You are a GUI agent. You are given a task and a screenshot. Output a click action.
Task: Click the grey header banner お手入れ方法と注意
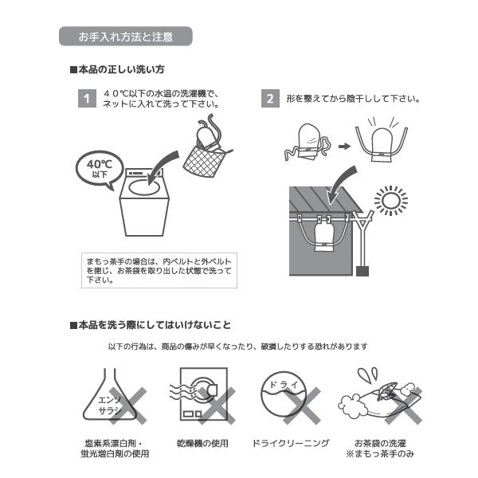126,37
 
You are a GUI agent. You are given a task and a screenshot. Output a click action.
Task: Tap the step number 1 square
87,99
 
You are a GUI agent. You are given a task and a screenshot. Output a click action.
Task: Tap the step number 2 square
270,99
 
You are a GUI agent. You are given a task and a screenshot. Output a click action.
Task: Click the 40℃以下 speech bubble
100,169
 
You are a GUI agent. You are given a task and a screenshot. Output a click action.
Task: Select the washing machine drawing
144,202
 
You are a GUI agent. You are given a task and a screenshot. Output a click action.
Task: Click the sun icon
391,201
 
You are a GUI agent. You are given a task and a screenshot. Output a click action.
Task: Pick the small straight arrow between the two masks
344,147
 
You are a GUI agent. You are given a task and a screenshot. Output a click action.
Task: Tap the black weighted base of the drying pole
362,271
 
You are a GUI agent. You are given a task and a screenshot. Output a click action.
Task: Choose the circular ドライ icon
284,395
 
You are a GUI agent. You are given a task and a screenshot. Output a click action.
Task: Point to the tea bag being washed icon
380,396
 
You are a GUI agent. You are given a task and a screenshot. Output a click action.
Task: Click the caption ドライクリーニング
291,443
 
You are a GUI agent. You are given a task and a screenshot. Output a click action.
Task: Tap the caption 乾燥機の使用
202,443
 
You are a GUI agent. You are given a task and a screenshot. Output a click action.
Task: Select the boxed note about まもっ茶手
159,270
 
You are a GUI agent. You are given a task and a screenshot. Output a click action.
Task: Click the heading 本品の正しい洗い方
117,70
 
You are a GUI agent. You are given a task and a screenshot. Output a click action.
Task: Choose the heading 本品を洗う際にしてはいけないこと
151,325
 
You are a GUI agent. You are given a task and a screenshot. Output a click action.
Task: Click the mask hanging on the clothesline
323,235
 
